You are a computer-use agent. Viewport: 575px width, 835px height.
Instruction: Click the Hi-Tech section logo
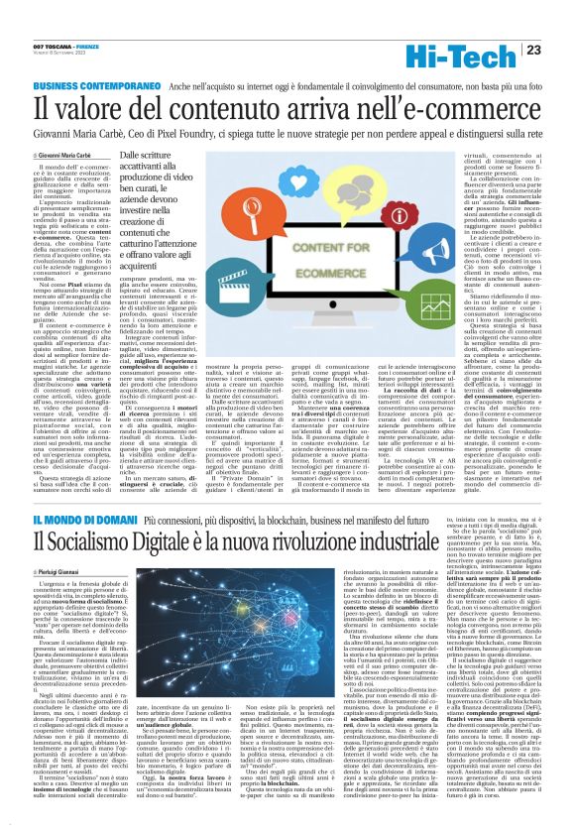click(483, 51)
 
